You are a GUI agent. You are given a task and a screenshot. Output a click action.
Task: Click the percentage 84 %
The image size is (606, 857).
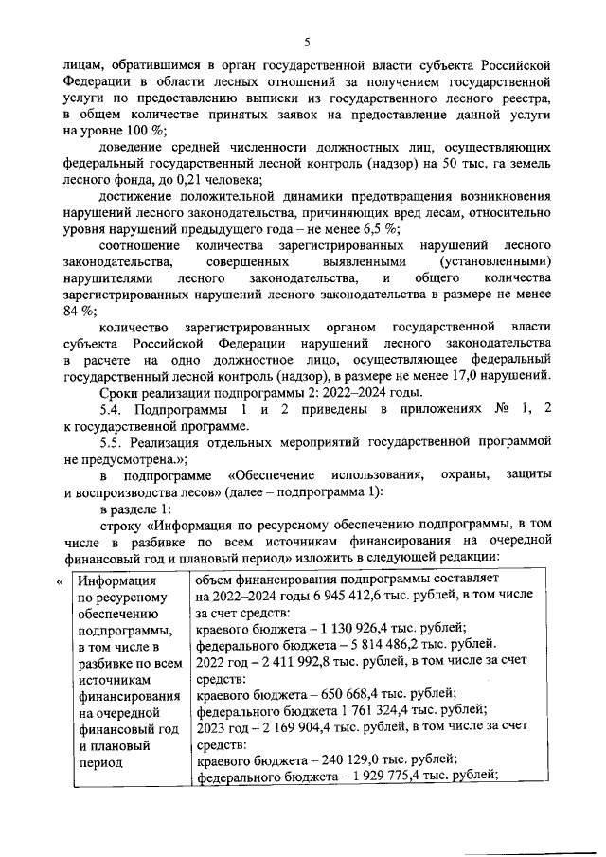(81, 311)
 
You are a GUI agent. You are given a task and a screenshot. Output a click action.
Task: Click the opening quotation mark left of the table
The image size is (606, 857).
(61, 581)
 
